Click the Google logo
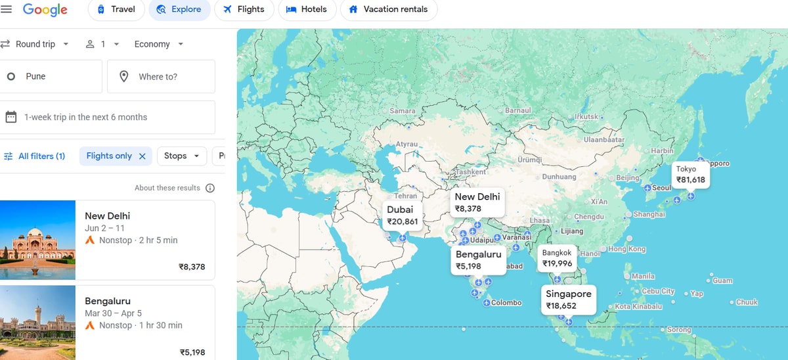click(45, 9)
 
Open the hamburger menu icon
click(7, 9)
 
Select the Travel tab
click(116, 9)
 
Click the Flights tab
click(244, 9)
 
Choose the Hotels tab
click(307, 9)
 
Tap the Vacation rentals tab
click(388, 9)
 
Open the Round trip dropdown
click(35, 44)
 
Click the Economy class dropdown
click(159, 44)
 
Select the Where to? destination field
click(161, 76)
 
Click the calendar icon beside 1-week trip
click(11, 117)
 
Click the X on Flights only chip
click(142, 156)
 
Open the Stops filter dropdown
click(182, 156)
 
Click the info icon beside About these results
click(210, 188)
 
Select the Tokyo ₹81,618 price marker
click(690, 174)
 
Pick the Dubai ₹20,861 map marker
click(402, 215)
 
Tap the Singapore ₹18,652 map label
click(569, 300)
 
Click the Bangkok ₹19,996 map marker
click(557, 258)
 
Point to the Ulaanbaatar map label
click(604, 139)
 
